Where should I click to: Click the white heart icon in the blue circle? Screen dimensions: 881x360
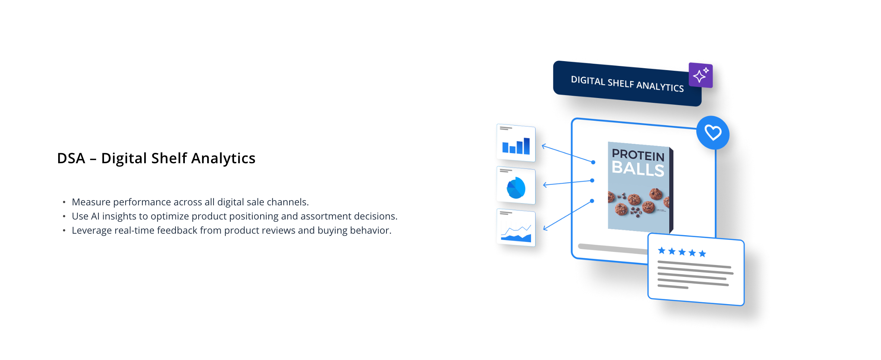pyautogui.click(x=713, y=133)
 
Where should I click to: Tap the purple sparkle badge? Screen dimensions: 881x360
pyautogui.click(x=701, y=75)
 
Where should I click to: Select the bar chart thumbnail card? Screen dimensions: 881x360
pyautogui.click(x=516, y=143)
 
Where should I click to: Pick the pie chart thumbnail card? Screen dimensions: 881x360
pyautogui.click(x=516, y=185)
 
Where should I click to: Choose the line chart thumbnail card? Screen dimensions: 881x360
pyautogui.click(x=516, y=227)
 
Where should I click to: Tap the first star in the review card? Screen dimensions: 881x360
pyautogui.click(x=661, y=250)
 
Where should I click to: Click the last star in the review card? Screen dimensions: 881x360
pyautogui.click(x=702, y=253)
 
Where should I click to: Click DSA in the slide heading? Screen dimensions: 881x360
pyautogui.click(x=71, y=158)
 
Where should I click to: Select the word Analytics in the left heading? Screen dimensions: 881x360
pyautogui.click(x=223, y=158)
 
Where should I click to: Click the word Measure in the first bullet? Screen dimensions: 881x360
pyautogui.click(x=91, y=202)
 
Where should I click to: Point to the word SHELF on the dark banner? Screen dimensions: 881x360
pyautogui.click(x=621, y=83)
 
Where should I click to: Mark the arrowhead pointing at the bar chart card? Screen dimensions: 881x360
pyautogui.click(x=544, y=146)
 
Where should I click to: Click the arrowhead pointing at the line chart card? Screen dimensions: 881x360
pyautogui.click(x=545, y=228)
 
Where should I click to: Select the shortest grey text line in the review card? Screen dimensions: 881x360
pyautogui.click(x=673, y=287)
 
